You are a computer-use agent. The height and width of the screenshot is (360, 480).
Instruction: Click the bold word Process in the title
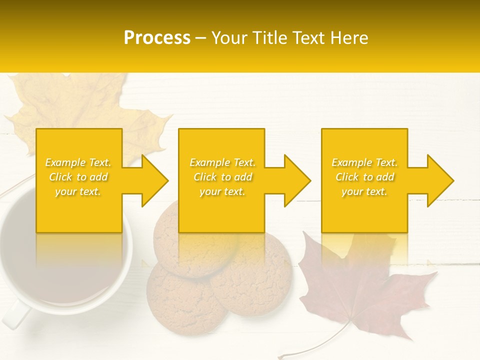pos(157,37)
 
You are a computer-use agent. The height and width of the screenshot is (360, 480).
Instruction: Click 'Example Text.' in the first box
pos(78,162)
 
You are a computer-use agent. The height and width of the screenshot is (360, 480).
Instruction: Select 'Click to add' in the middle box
pos(222,177)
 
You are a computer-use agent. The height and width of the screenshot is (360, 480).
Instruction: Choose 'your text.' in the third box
pos(364,191)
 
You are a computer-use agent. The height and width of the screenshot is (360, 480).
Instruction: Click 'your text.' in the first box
pos(78,191)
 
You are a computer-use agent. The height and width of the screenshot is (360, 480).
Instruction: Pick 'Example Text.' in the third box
pos(364,162)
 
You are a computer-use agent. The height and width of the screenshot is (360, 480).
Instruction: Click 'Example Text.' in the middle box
pos(222,162)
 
